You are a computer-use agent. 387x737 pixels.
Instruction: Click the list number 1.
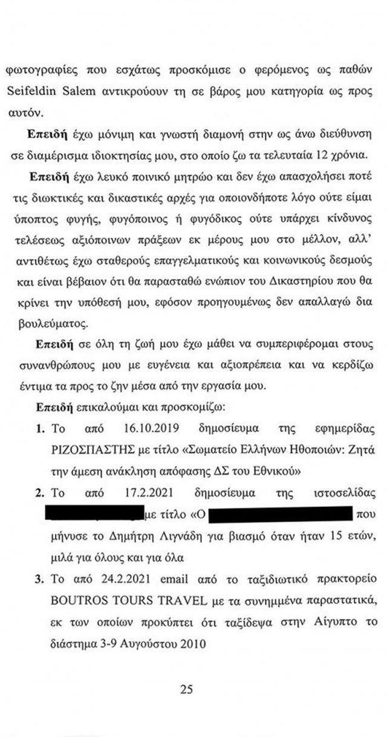pos(40,430)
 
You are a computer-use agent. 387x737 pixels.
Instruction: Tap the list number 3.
pos(40,579)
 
